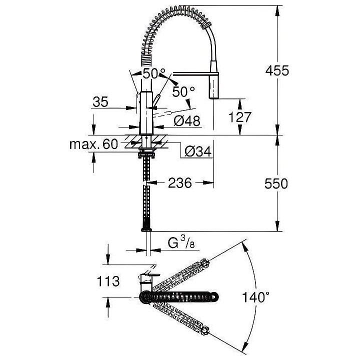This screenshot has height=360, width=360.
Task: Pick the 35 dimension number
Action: (x=100, y=102)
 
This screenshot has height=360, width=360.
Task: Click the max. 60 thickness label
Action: (x=93, y=144)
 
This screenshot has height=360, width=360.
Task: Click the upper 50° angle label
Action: (x=153, y=73)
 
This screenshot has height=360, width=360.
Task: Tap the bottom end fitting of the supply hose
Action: (x=146, y=229)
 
